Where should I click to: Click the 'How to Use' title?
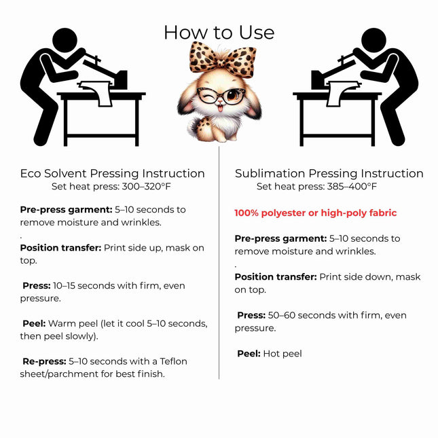(x=219, y=33)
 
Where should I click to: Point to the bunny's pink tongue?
(x=221, y=108)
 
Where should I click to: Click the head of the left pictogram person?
(x=65, y=40)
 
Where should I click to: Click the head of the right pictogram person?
(x=373, y=40)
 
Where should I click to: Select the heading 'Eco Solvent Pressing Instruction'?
(x=112, y=173)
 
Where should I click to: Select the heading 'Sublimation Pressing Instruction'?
(x=329, y=173)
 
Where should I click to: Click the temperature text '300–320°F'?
(x=147, y=186)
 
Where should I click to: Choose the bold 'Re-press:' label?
(x=44, y=361)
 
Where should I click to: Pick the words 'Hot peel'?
(x=282, y=354)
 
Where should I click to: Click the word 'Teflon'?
(x=173, y=361)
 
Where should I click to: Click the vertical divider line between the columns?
(x=219, y=263)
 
